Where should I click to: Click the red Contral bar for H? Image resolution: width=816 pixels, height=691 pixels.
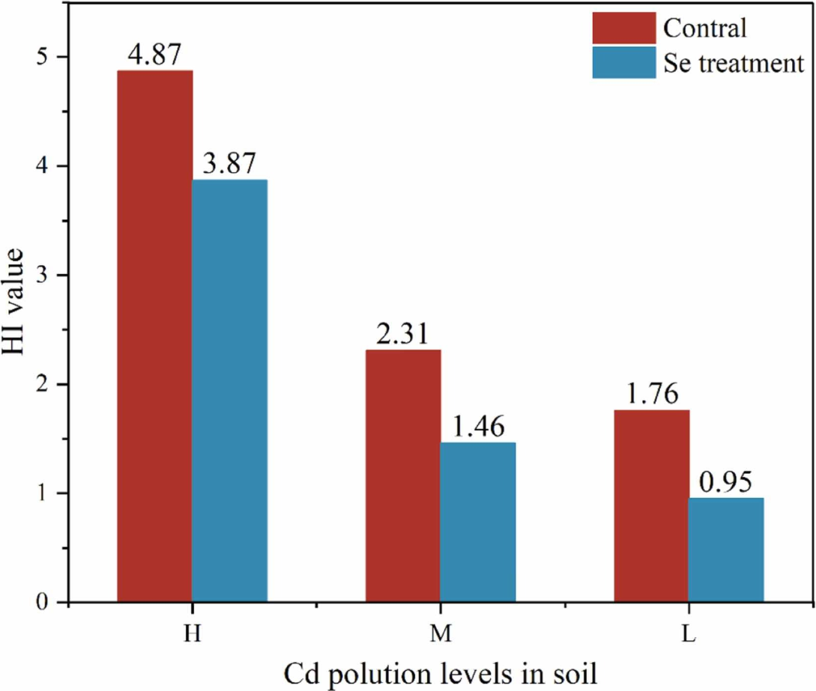click(x=154, y=336)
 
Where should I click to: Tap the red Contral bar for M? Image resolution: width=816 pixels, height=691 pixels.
click(x=403, y=475)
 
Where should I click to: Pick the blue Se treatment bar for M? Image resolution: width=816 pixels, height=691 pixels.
click(x=478, y=522)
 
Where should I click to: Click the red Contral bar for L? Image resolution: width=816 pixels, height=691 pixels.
click(x=651, y=505)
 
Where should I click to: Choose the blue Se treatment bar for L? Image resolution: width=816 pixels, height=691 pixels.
click(x=726, y=550)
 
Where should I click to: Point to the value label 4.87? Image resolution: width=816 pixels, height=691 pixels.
click(x=154, y=55)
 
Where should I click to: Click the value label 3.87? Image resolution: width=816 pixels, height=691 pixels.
click(x=229, y=164)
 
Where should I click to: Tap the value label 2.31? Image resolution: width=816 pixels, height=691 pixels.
click(x=402, y=334)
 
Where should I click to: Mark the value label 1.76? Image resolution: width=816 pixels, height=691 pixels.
click(x=651, y=395)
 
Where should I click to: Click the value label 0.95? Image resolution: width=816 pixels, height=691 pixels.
click(x=726, y=482)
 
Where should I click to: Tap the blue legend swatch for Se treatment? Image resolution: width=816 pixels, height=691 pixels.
click(x=624, y=62)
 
